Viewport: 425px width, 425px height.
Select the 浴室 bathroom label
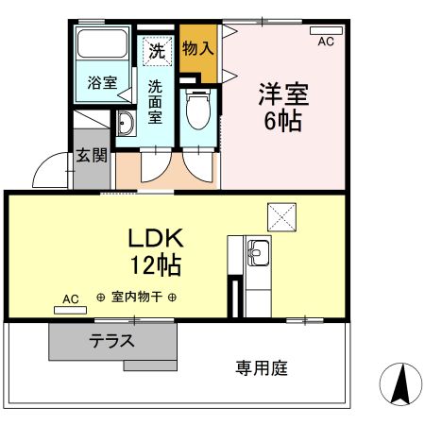coord(103,82)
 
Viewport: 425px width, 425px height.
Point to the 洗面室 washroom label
coord(156,97)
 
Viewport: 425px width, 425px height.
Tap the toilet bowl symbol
coord(198,113)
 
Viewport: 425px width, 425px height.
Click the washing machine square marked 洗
coord(156,50)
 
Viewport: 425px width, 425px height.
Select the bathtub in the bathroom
coord(104,46)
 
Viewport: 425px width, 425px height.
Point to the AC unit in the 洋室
coord(326,30)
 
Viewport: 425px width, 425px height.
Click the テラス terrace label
coord(111,341)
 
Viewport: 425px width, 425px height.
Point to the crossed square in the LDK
coord(280,215)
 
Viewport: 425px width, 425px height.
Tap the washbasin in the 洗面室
coord(125,122)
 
